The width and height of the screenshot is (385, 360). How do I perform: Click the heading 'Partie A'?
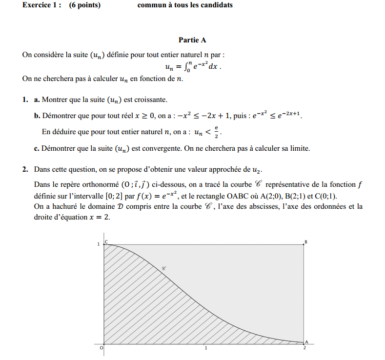(192, 40)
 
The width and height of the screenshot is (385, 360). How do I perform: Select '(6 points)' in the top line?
(85, 5)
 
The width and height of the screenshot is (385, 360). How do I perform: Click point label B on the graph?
(306, 241)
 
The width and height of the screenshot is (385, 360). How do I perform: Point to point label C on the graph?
(107, 241)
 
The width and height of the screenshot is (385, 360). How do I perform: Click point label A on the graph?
(306, 342)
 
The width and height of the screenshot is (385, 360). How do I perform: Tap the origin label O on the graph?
(101, 348)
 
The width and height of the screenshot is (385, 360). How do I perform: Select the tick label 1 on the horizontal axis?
(205, 348)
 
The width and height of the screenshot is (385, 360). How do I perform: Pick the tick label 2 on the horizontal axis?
(305, 348)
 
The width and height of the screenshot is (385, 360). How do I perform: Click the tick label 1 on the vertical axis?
(99, 244)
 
